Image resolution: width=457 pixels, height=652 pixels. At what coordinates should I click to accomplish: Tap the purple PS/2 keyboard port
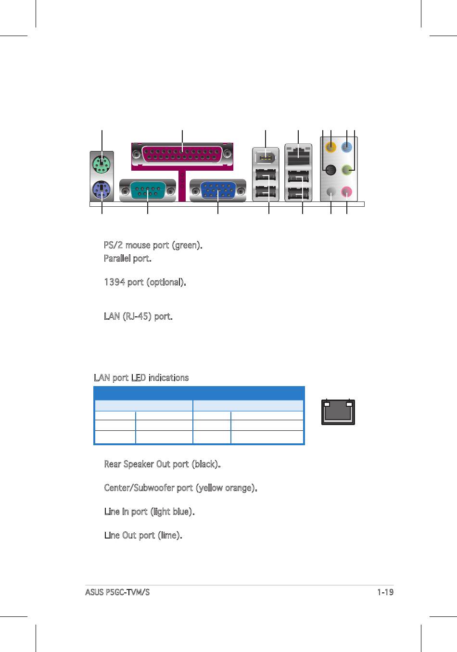(x=102, y=191)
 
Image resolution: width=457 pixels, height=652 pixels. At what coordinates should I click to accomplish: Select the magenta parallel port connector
(x=182, y=155)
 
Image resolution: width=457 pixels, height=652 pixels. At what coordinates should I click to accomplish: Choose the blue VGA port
(x=218, y=191)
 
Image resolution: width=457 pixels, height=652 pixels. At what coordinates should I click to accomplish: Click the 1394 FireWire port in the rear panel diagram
(x=266, y=157)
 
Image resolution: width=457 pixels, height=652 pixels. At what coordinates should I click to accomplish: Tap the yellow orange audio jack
(x=331, y=147)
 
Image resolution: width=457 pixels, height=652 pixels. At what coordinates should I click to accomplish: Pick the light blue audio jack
(x=347, y=147)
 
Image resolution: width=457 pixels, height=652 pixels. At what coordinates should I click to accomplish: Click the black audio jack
(x=330, y=169)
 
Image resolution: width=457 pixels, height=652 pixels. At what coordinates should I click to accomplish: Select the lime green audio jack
(x=347, y=169)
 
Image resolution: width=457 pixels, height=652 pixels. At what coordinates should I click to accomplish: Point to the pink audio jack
(x=347, y=192)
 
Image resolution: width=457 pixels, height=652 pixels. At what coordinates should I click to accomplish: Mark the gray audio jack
(x=330, y=192)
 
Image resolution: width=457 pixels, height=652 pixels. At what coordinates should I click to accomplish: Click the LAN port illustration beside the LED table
(x=338, y=413)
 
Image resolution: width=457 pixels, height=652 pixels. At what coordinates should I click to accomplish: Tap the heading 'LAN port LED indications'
(x=141, y=378)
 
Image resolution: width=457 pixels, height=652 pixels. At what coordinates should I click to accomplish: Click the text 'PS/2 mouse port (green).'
(x=153, y=245)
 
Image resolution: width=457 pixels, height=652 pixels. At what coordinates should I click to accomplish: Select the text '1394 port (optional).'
(x=145, y=282)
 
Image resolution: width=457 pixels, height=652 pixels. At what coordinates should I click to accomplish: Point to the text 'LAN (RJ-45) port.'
(x=138, y=316)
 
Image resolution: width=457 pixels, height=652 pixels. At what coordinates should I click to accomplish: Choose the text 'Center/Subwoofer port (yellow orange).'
(x=180, y=488)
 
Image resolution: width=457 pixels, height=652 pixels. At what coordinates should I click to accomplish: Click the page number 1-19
(x=385, y=592)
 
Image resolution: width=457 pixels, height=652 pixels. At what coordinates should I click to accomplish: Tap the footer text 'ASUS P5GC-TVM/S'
(x=117, y=592)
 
